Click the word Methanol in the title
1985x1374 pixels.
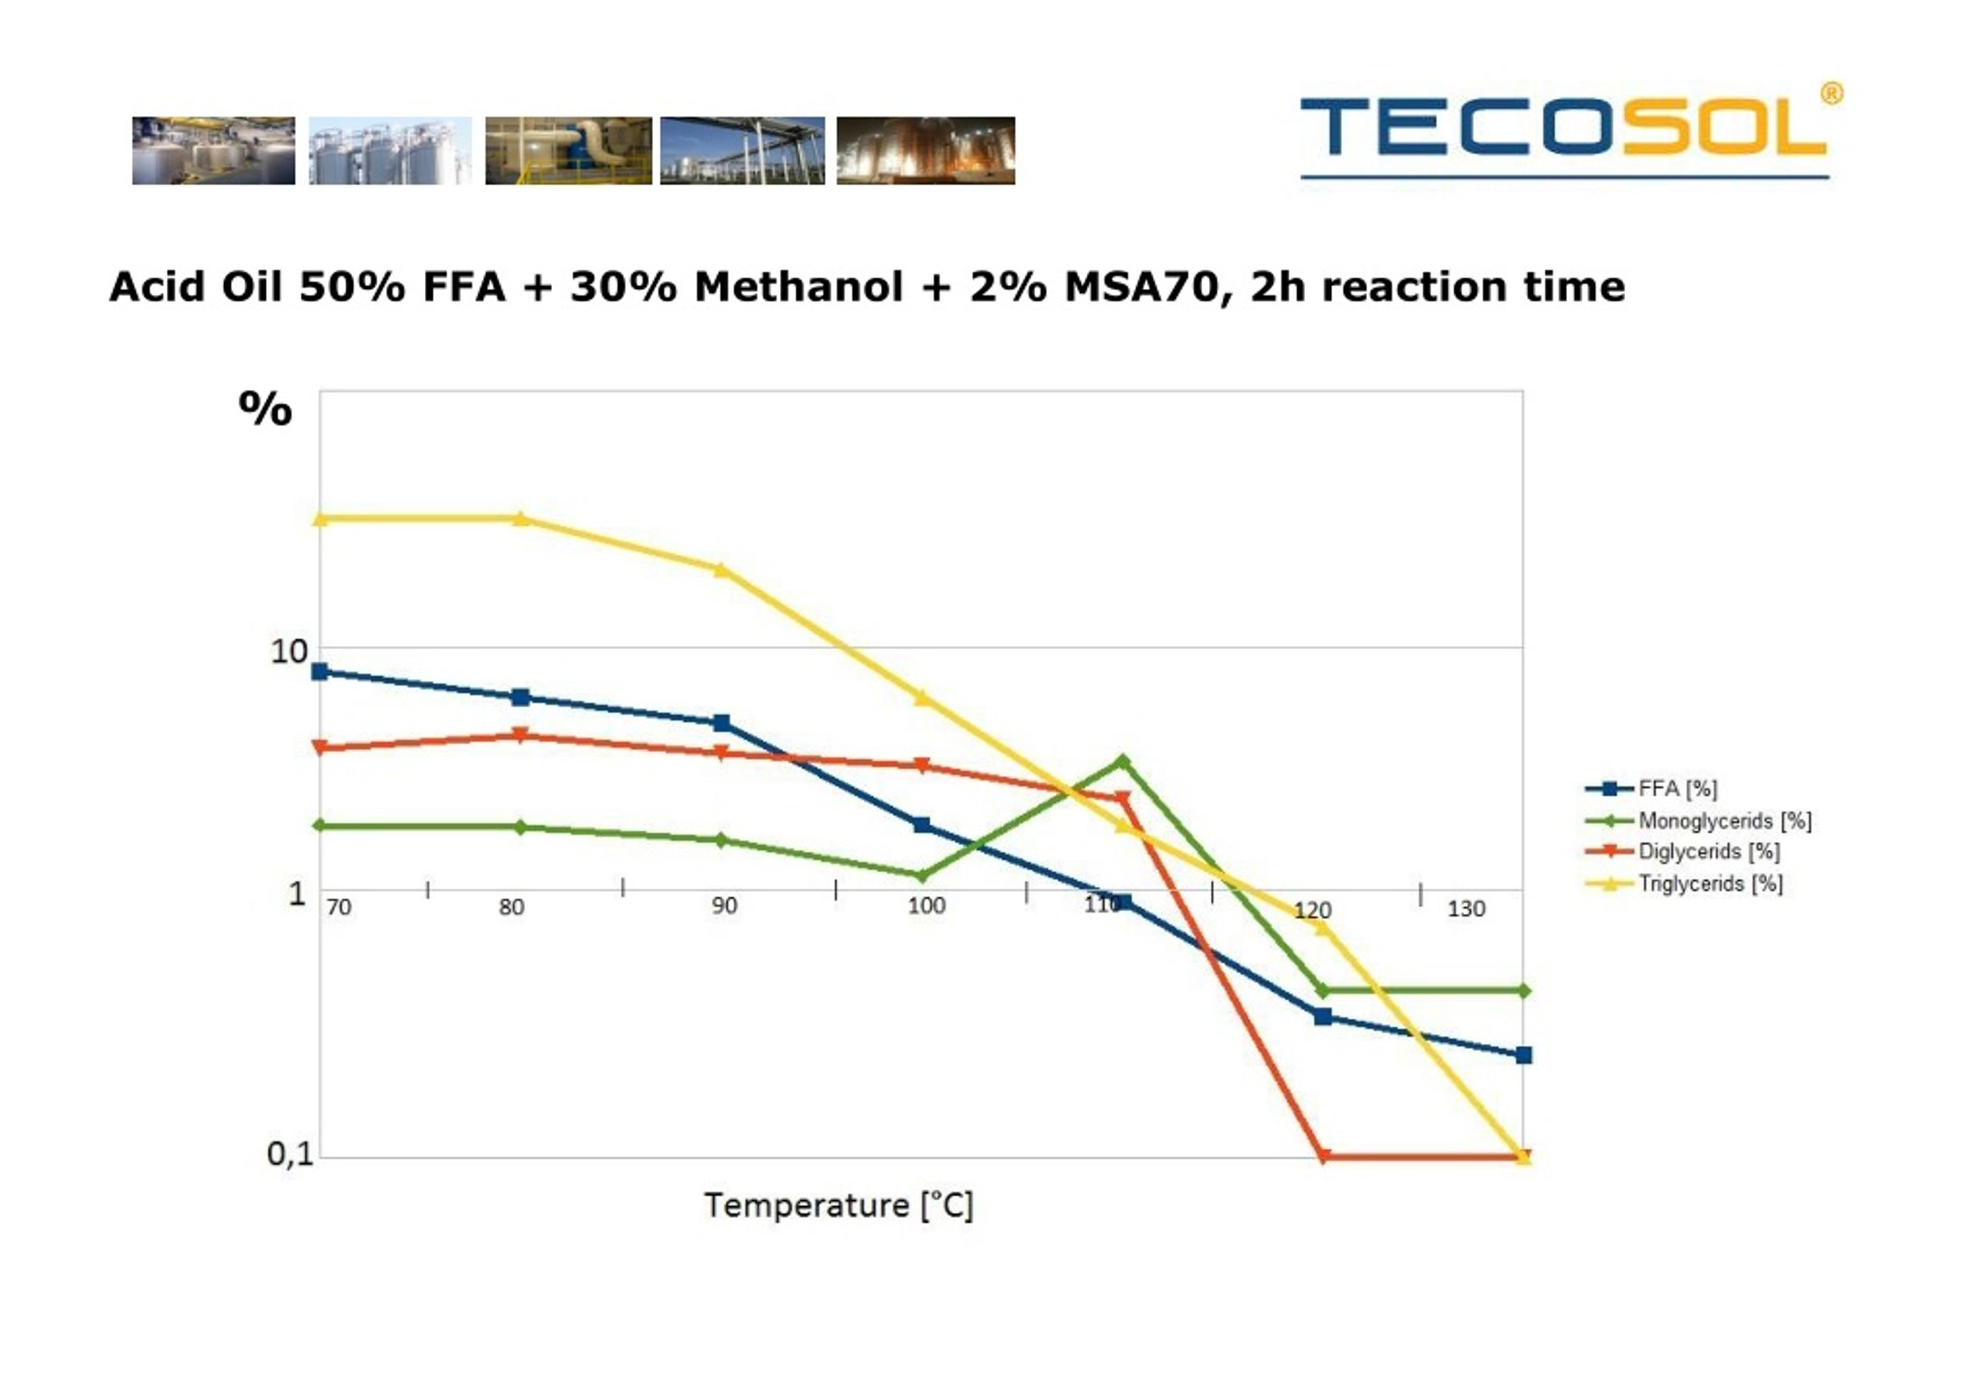click(798, 287)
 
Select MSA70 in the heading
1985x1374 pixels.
click(1141, 288)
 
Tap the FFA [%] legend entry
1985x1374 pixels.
click(1651, 788)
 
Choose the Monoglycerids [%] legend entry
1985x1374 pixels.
click(1697, 820)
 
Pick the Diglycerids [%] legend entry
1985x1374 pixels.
click(1682, 851)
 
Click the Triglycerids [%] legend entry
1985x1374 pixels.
click(1683, 882)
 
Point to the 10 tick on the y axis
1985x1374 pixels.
click(288, 651)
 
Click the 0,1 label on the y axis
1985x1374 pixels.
click(290, 1154)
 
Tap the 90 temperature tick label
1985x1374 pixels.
click(724, 906)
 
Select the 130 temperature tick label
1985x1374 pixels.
click(1466, 908)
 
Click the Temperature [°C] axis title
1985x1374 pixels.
click(838, 1205)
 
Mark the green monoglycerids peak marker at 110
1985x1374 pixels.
click(1123, 761)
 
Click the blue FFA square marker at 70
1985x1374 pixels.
click(319, 671)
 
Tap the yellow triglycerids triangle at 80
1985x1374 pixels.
click(520, 517)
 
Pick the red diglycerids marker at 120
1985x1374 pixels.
click(1323, 1156)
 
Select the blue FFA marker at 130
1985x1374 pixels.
click(1523, 1055)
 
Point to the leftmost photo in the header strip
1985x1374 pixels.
click(213, 150)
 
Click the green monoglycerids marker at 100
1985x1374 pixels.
click(922, 876)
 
